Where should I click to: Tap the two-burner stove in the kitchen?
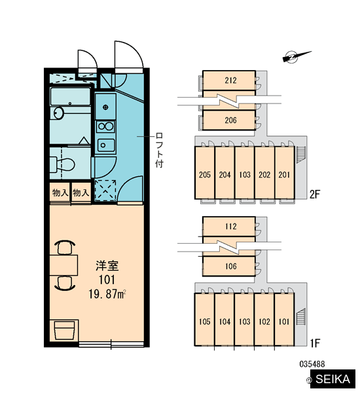[105, 126]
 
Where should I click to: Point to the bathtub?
[70, 96]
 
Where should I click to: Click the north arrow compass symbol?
[296, 56]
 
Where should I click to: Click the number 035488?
[312, 364]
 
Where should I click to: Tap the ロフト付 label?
[159, 150]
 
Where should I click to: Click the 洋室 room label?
[107, 266]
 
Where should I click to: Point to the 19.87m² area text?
[107, 293]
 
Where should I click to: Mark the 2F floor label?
[315, 195]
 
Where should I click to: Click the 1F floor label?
[315, 343]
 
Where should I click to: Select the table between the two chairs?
[63, 265]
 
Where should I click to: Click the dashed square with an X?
[105, 190]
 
